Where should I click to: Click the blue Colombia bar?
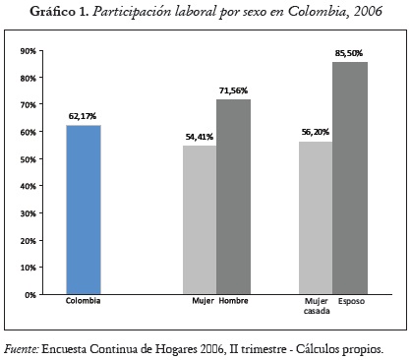tap(83, 209)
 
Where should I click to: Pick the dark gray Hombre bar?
tap(233, 197)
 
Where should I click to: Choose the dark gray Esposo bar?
tap(349, 177)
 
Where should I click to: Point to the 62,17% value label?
tap(83, 116)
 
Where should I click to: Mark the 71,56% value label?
tap(234, 90)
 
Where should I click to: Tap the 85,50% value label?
tap(349, 53)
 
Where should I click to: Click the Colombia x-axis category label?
tap(83, 302)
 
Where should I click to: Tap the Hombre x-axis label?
tap(233, 302)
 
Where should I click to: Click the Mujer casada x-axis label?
tap(317, 306)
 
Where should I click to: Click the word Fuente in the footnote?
tap(21, 347)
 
